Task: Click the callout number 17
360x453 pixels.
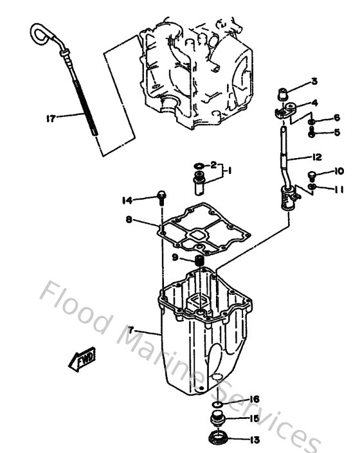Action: (51, 118)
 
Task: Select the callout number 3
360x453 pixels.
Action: (314, 81)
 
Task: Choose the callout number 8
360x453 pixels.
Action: (130, 220)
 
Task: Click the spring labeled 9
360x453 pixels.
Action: (200, 260)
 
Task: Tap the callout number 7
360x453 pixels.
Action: (131, 330)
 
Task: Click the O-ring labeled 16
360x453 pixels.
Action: (218, 403)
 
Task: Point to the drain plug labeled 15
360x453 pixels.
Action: (219, 421)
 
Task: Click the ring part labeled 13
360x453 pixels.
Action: (219, 441)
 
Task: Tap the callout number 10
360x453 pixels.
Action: (339, 171)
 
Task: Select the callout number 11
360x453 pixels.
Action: (339, 189)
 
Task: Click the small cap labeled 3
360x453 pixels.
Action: (281, 95)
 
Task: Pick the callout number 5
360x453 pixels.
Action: (336, 133)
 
